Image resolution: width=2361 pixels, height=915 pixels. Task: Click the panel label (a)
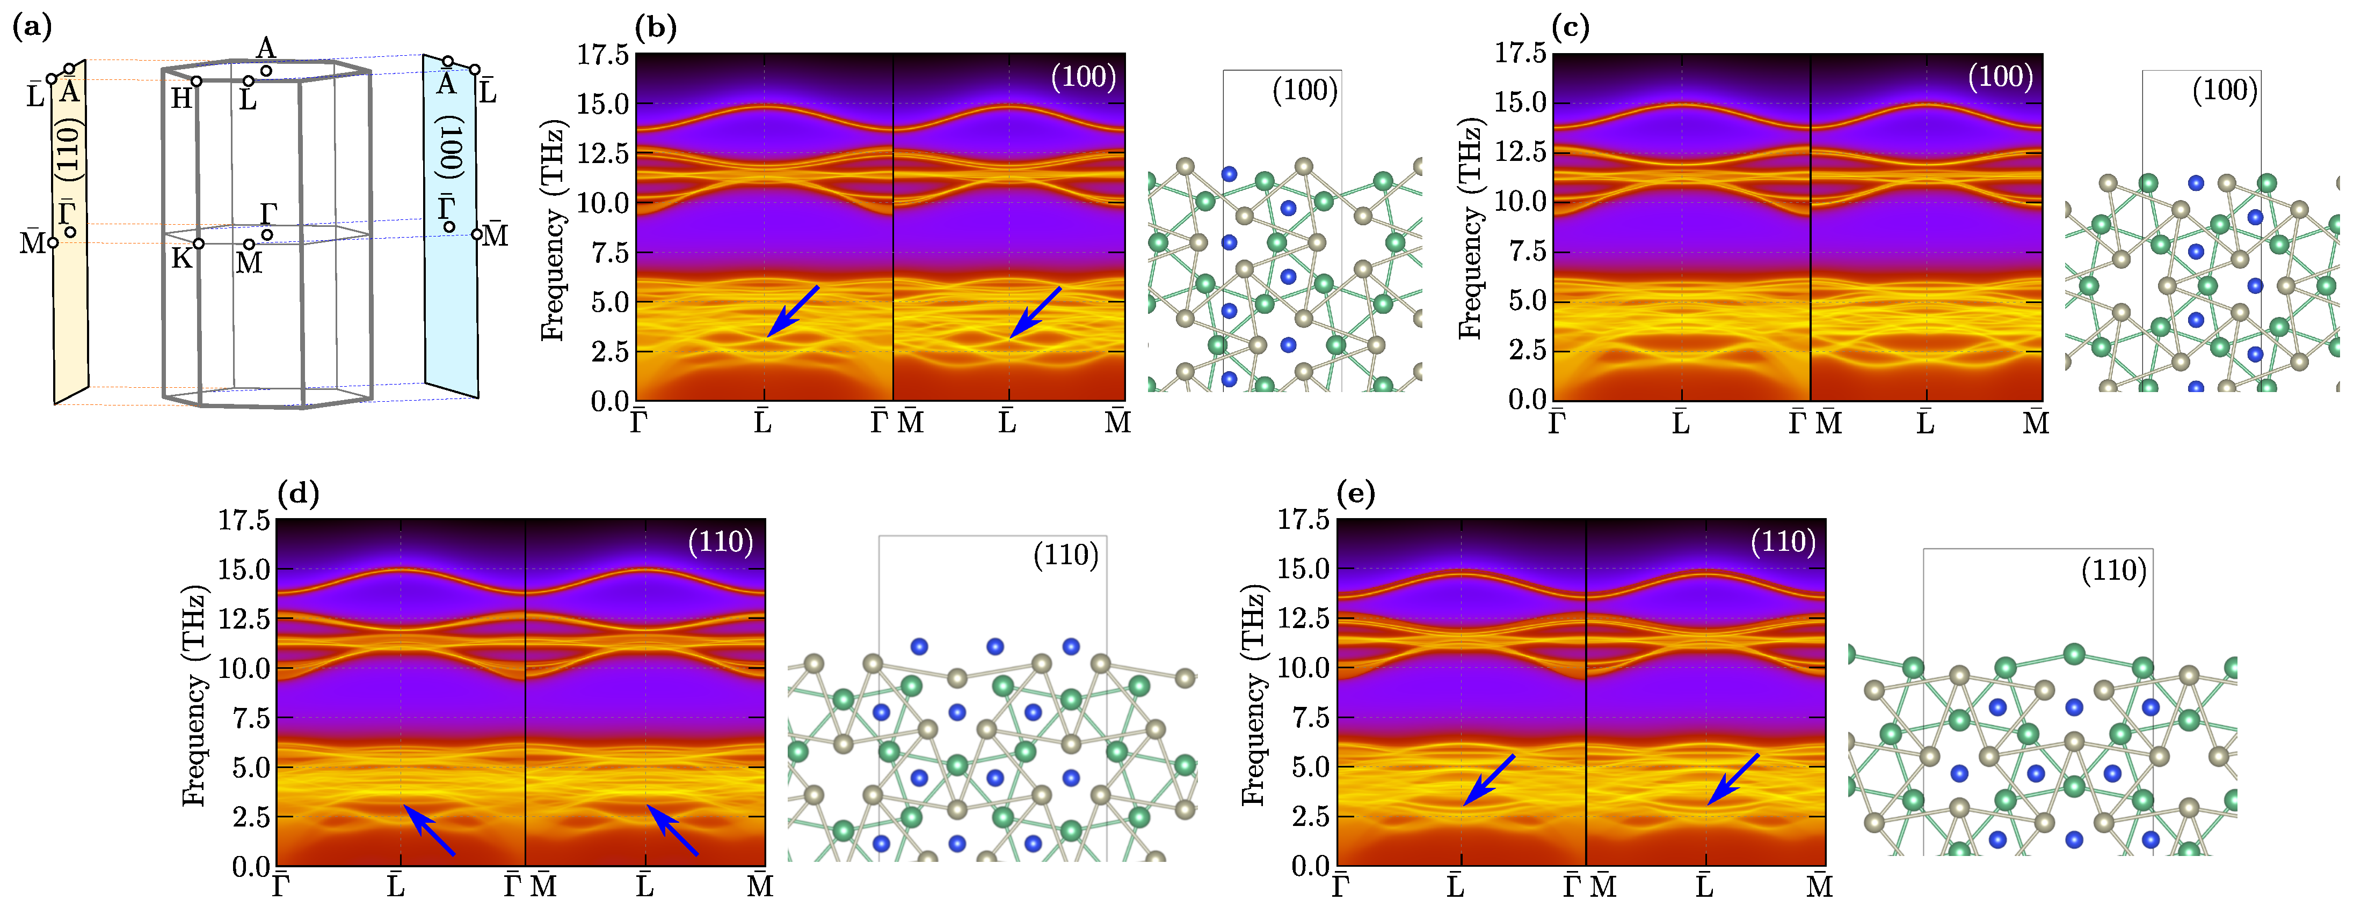(32, 27)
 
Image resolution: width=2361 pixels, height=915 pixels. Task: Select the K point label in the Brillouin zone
(181, 259)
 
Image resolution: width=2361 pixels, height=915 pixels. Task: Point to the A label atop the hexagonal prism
(266, 48)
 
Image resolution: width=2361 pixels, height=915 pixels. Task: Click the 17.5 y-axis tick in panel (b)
(602, 55)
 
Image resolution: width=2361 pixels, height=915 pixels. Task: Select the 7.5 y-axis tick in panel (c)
(1528, 251)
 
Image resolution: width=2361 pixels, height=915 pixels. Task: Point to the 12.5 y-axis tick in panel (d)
(244, 618)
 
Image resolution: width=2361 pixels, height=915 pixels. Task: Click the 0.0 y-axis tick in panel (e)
(1311, 866)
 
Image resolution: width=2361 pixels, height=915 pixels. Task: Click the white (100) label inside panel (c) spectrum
(2001, 76)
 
